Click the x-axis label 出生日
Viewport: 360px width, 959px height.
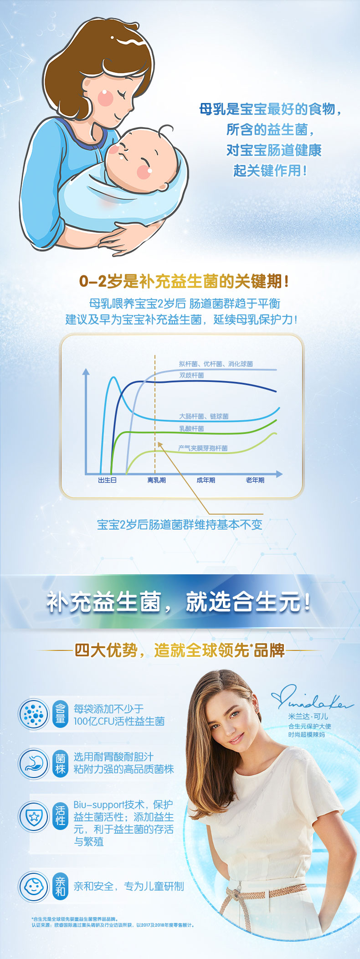tap(108, 480)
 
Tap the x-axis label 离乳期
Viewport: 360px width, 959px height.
tap(156, 480)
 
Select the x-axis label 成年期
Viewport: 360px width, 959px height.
tap(206, 480)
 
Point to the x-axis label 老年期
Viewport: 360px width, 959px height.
tap(255, 480)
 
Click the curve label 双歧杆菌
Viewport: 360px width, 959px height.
tap(191, 375)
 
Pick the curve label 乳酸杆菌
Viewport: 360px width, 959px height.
tap(191, 428)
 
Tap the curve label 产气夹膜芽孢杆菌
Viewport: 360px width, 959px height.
tap(203, 448)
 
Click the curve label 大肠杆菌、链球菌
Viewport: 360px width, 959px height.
tap(204, 416)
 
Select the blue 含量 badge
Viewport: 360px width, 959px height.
tap(60, 714)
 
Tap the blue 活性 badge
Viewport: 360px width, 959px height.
tap(60, 815)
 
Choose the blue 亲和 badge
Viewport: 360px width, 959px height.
tap(60, 887)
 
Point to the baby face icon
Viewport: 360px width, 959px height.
tap(33, 887)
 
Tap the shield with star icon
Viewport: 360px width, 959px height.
tap(33, 816)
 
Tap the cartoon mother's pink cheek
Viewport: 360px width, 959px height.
tap(105, 97)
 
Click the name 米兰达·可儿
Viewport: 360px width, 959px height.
tap(308, 717)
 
